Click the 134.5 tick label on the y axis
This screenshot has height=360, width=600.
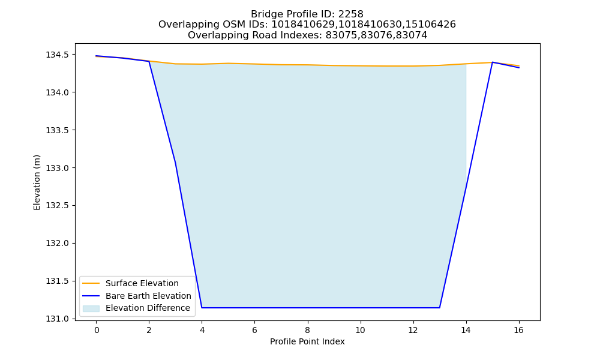pos(58,55)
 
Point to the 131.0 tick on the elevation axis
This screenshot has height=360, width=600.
pos(58,319)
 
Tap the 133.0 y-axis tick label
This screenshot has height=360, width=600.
pos(58,168)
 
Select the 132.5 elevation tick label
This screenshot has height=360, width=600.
pos(58,205)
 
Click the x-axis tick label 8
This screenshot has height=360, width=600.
pos(307,330)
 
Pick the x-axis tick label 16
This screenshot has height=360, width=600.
pos(518,330)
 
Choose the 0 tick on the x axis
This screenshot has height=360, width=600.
pos(97,330)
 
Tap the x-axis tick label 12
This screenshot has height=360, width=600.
pos(413,330)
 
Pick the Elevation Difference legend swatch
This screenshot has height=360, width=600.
pos(91,308)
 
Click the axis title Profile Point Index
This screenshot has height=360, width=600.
pos(307,341)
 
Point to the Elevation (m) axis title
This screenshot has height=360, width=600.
pos(37,182)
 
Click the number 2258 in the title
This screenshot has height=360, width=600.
pos(350,14)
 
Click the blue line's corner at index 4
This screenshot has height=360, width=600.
pos(202,308)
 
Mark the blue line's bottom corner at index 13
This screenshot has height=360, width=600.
pos(439,308)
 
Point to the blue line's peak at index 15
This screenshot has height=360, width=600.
pos(492,62)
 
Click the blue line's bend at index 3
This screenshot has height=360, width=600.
pos(175,162)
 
